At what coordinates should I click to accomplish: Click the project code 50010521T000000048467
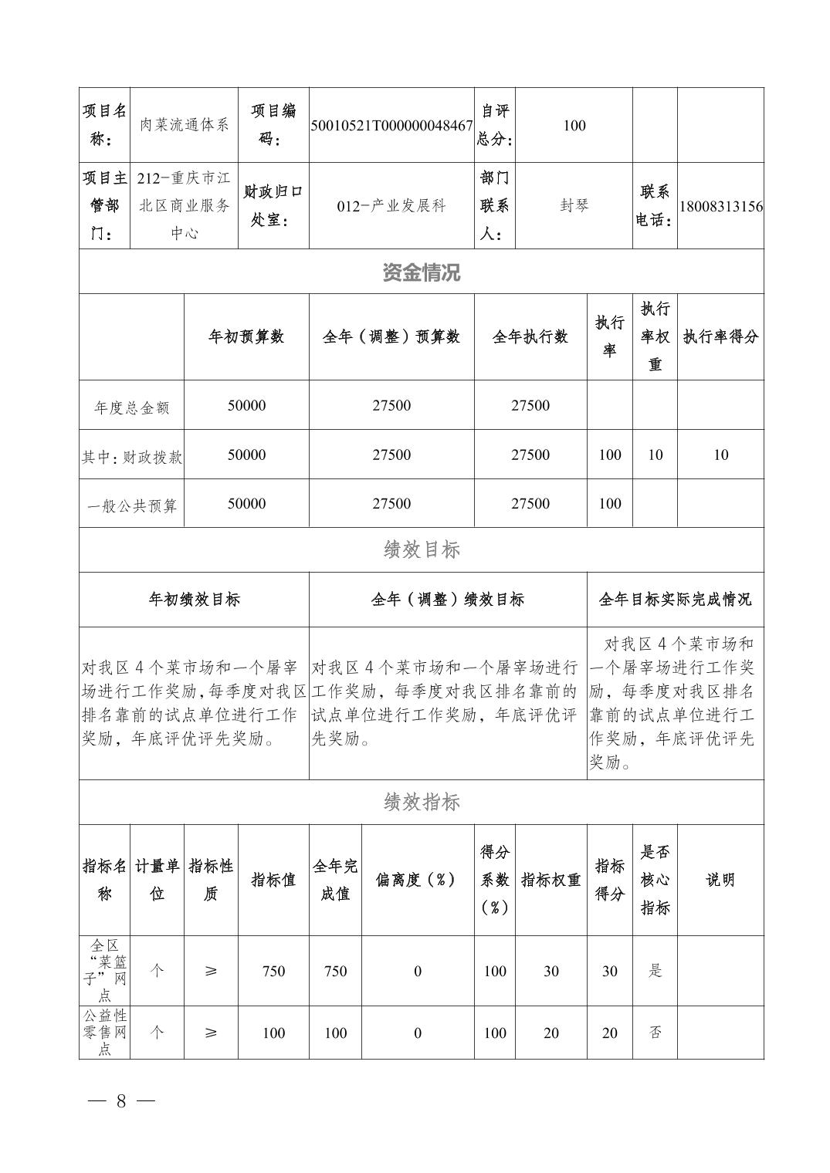tap(391, 126)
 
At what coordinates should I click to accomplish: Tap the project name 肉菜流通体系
tap(185, 125)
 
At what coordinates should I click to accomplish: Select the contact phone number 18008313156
tap(721, 206)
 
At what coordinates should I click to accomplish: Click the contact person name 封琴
tap(574, 205)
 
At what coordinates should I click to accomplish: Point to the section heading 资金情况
tap(422, 272)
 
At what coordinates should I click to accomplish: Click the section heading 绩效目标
tap(422, 549)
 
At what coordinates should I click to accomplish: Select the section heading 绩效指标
tap(422, 803)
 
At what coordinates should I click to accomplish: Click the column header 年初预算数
tap(246, 336)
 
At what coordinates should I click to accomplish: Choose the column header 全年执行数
tap(530, 336)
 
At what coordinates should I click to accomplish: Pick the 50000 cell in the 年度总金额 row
tap(246, 406)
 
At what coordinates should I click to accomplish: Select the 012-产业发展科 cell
tap(391, 206)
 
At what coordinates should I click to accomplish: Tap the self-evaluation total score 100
tap(574, 126)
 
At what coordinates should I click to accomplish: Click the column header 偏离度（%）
tap(418, 880)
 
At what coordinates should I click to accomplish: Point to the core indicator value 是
tap(655, 971)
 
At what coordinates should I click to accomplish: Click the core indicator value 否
tap(655, 1033)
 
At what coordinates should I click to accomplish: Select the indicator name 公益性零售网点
tap(105, 1032)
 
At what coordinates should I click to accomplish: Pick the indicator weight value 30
tap(551, 972)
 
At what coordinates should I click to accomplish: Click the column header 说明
tap(720, 880)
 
